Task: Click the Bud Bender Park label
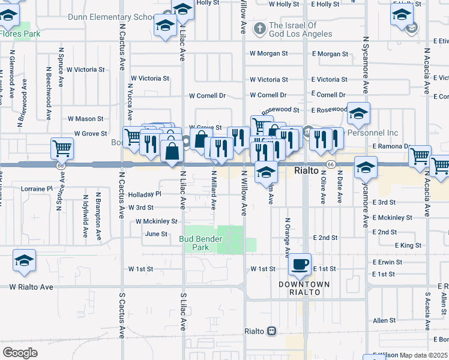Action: (x=201, y=243)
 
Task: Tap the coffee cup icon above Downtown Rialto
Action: (x=300, y=264)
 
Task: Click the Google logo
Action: (x=20, y=352)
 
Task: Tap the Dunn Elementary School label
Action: (x=111, y=17)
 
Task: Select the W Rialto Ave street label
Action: (x=31, y=287)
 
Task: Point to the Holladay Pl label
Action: (x=145, y=194)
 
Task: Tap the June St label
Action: (x=155, y=234)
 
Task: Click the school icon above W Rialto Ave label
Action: (x=24, y=261)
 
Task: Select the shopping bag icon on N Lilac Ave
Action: (x=172, y=151)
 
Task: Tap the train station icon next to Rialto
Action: (x=271, y=331)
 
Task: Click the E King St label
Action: (x=408, y=245)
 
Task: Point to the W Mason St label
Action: (x=85, y=119)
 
